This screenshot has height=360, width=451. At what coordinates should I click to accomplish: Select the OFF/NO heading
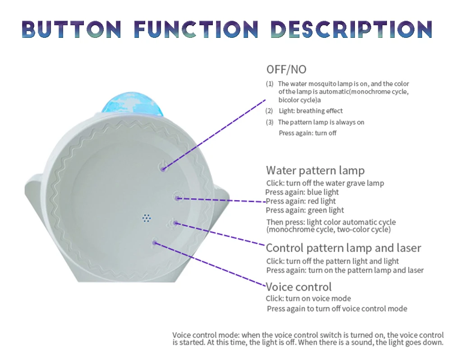[286, 69]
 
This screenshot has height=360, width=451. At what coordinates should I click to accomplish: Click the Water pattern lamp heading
[315, 170]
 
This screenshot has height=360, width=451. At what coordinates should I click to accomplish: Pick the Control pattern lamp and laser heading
[343, 248]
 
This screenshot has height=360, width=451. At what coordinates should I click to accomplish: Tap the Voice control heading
[299, 287]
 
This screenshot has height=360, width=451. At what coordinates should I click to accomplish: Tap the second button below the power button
[178, 197]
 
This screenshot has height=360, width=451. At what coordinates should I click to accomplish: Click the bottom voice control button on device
[155, 242]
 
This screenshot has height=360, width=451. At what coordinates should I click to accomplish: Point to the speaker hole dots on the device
[146, 218]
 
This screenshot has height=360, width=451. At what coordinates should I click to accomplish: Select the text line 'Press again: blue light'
[302, 192]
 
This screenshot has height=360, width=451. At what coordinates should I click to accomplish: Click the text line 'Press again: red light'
[301, 201]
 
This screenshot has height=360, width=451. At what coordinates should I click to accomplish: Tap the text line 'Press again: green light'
[305, 210]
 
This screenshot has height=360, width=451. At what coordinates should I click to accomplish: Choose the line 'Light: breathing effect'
[310, 111]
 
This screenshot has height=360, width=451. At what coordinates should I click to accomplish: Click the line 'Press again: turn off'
[308, 133]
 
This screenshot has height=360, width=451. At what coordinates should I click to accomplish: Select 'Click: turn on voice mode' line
[308, 298]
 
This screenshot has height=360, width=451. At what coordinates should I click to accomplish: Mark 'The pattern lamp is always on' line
[321, 122]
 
